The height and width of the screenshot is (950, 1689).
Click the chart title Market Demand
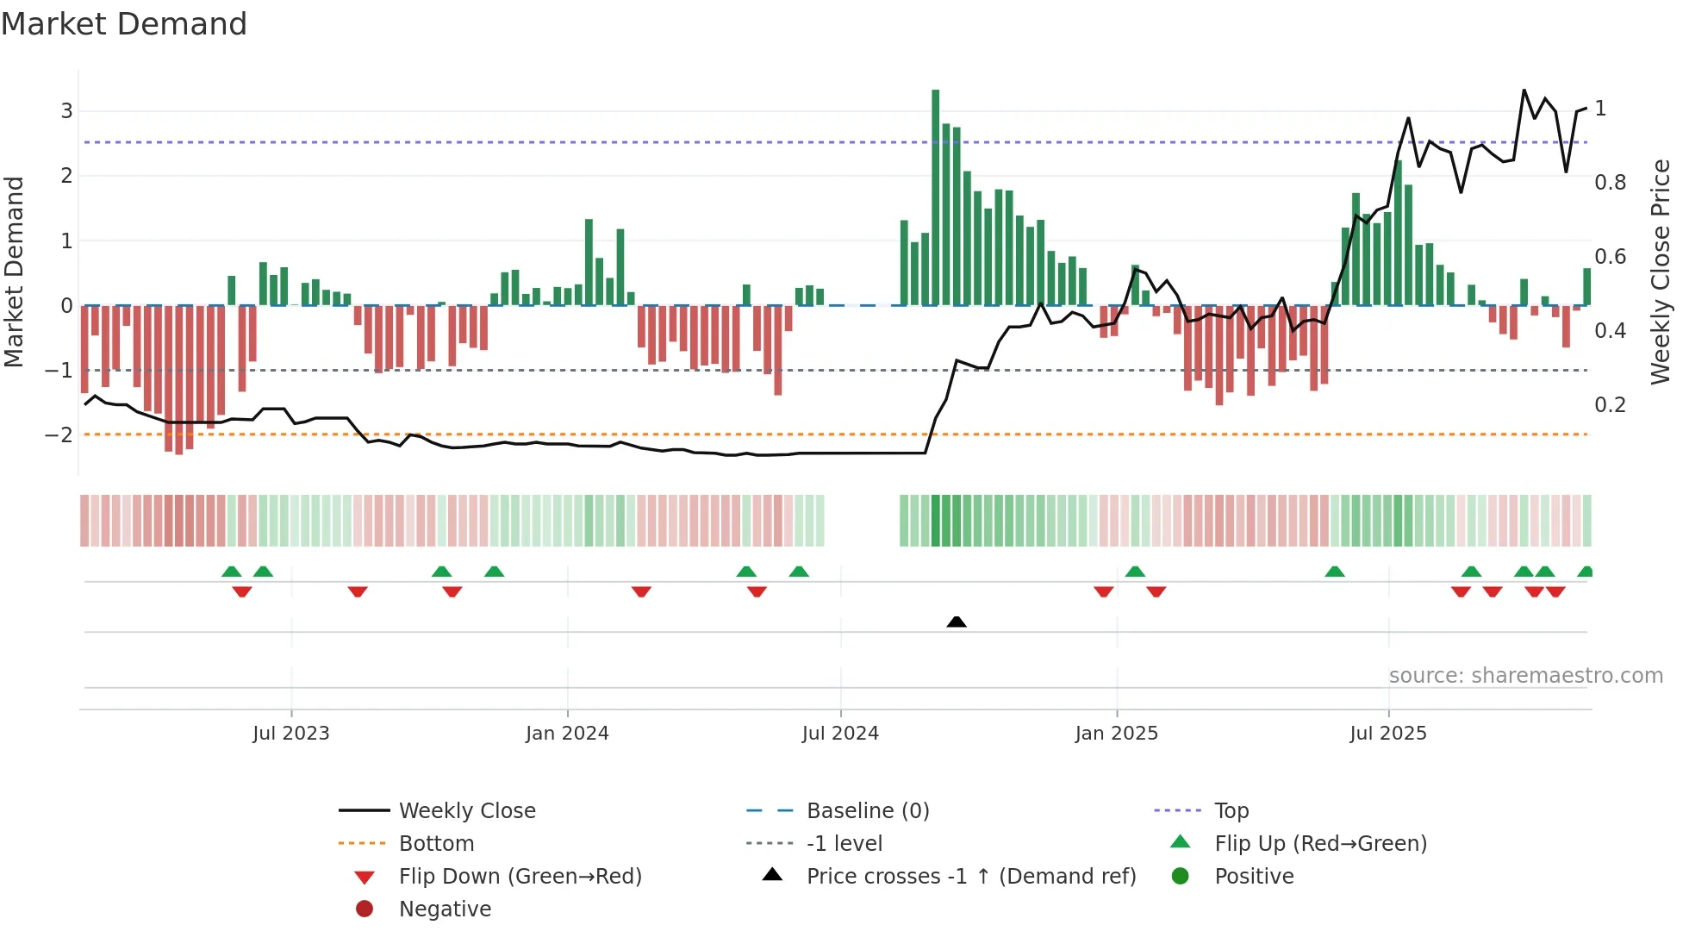click(124, 24)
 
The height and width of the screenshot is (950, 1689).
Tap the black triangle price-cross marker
click(956, 622)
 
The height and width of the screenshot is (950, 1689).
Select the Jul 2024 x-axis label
click(840, 734)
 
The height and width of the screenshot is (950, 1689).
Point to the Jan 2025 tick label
click(1116, 734)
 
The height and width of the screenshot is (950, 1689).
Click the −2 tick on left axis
click(59, 434)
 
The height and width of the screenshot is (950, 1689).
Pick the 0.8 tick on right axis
click(1610, 183)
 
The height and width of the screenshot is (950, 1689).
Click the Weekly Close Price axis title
click(1660, 272)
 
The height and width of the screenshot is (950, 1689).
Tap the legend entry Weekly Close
click(466, 811)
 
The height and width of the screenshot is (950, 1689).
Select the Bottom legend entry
click(436, 844)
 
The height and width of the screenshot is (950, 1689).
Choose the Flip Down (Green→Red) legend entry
click(520, 877)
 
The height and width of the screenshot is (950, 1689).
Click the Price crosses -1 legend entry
click(970, 877)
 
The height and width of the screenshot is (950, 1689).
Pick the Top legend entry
click(1231, 811)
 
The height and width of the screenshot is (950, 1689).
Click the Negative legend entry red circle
click(365, 909)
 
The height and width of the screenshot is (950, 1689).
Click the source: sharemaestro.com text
click(1525, 676)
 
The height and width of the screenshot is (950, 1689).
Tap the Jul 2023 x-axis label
click(291, 734)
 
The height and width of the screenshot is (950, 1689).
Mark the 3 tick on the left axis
click(66, 110)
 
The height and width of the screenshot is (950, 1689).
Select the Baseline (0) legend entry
click(867, 811)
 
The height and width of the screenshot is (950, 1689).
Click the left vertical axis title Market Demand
click(15, 272)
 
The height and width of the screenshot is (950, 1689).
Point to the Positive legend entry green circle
click(1181, 877)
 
